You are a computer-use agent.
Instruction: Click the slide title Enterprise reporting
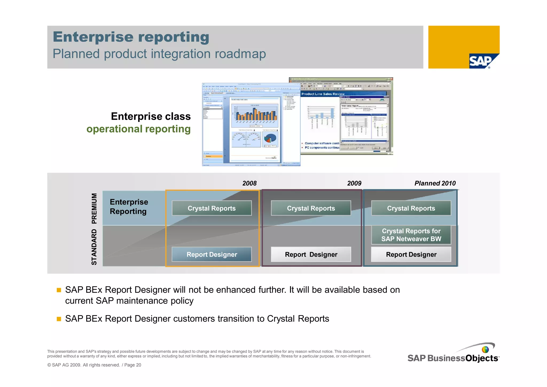(x=131, y=37)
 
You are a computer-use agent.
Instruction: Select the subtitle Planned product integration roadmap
(x=159, y=54)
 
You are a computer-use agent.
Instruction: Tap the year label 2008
(x=249, y=183)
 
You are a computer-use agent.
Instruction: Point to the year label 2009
(x=354, y=183)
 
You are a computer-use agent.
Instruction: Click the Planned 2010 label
(x=435, y=183)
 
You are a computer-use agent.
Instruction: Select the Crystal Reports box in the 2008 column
(x=212, y=208)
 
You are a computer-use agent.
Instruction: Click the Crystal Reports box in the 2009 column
(x=311, y=208)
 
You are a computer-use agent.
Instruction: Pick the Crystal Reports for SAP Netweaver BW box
(x=411, y=235)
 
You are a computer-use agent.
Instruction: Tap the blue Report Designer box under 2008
(x=212, y=254)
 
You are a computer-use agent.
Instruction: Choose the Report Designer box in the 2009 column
(x=311, y=254)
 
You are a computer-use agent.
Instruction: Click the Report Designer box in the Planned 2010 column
(x=411, y=254)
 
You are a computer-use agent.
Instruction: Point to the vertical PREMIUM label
(x=94, y=208)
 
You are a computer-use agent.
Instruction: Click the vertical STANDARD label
(x=94, y=247)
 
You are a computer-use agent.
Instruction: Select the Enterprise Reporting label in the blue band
(x=129, y=207)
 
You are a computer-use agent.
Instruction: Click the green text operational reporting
(x=138, y=129)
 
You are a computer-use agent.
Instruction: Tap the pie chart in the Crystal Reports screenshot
(x=270, y=139)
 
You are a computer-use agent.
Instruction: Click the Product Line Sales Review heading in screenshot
(x=323, y=94)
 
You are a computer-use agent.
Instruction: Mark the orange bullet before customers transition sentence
(x=59, y=319)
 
